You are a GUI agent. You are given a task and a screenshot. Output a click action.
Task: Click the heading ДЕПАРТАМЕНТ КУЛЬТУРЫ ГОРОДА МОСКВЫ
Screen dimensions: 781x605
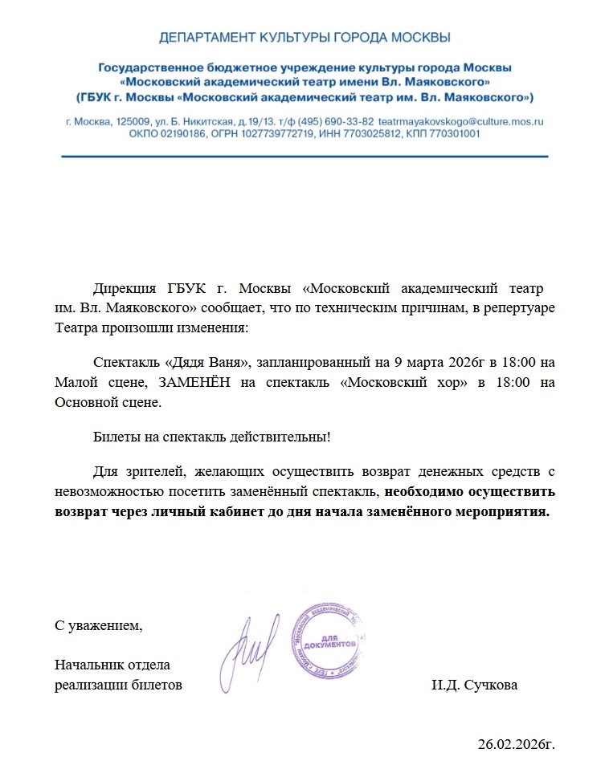305,38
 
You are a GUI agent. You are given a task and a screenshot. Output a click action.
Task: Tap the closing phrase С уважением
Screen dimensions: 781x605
98,625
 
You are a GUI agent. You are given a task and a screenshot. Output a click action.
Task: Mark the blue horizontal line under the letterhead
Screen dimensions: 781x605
305,157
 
